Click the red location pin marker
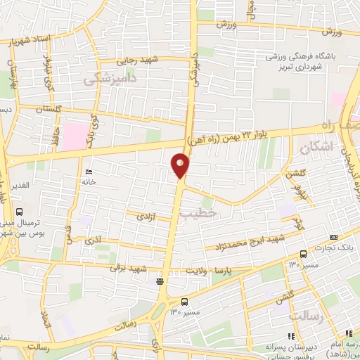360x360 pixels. (x=180, y=165)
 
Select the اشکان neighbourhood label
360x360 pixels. (x=314, y=148)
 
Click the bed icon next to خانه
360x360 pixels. (x=87, y=172)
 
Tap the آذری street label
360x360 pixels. (x=94, y=240)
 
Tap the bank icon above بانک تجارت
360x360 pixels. (x=333, y=237)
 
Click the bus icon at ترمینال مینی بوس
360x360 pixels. (x=19, y=212)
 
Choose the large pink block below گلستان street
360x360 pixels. (x=74, y=135)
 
